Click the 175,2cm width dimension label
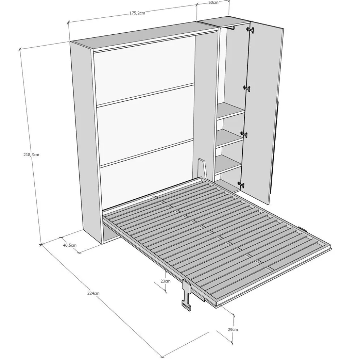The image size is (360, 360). pos(137,13)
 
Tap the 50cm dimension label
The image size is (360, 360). pos(214,3)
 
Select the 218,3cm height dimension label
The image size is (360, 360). pos(31,155)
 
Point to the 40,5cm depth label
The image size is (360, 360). pos(70,245)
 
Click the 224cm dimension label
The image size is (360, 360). pos(93,293)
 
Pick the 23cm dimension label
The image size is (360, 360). pos(166,281)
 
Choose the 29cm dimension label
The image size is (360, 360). pos(233,330)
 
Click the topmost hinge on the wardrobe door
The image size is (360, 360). pos(250,30)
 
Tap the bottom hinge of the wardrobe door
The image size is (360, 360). pos(241,184)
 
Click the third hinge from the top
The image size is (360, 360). pos(244,135)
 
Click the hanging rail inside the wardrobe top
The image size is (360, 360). pos(230,27)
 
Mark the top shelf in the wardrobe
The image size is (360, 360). pos(231,110)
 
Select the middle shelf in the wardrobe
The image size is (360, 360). pos(229,138)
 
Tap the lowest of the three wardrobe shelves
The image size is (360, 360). pos(228,164)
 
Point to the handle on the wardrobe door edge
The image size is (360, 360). pos(275,147)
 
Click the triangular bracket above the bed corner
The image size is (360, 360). pos(202,168)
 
